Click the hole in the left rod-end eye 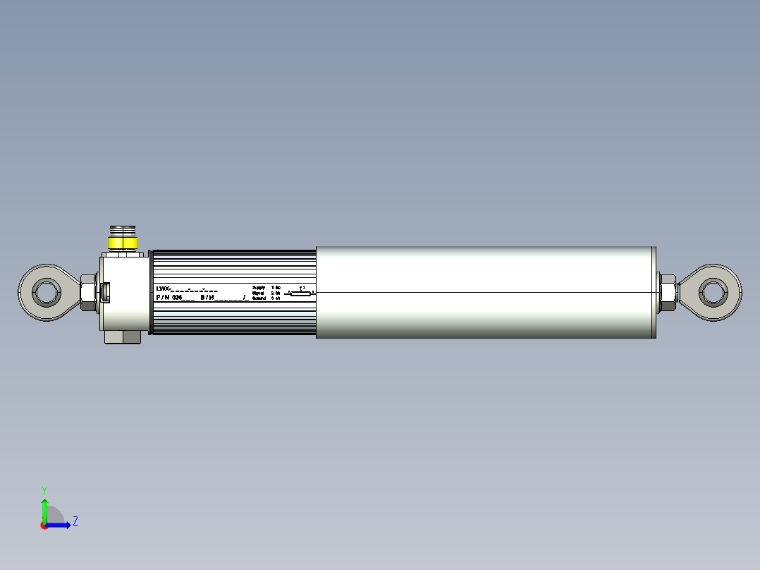[x=46, y=291]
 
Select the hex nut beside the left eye [x=88, y=292]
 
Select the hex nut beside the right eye [x=667, y=292]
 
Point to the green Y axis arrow [x=44, y=509]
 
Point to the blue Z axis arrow [x=59, y=525]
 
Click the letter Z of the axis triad [x=75, y=521]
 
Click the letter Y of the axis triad [x=44, y=490]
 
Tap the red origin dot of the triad [x=44, y=526]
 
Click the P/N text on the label [x=163, y=298]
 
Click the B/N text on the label [x=207, y=298]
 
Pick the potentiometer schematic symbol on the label [x=300, y=292]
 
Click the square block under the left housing [x=123, y=336]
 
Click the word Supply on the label [x=258, y=288]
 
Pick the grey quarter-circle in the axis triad [x=54, y=516]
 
